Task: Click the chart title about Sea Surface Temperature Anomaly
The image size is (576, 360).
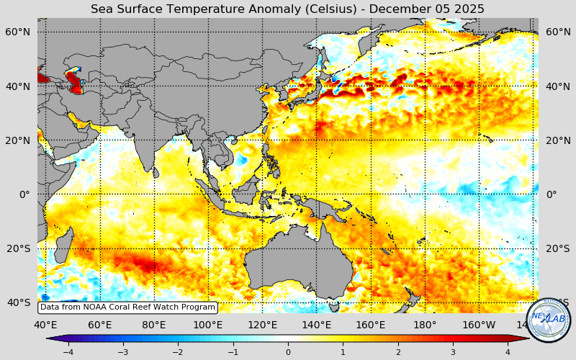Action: (287, 9)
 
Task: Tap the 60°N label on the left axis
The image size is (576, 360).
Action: (17, 32)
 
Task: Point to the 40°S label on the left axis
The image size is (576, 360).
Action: (18, 302)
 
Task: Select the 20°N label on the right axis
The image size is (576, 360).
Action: (558, 140)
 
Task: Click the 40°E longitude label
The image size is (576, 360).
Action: (45, 325)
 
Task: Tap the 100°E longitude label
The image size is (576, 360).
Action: (208, 325)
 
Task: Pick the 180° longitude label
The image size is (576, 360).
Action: (425, 325)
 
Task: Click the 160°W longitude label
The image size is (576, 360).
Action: (479, 325)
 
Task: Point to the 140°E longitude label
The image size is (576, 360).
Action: (317, 325)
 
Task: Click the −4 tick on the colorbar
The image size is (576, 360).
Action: (68, 352)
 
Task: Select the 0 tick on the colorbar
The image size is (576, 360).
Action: (288, 352)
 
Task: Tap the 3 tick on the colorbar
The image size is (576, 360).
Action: (453, 352)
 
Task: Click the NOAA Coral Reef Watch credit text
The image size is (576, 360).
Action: (127, 307)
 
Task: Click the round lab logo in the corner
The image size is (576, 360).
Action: (549, 319)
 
